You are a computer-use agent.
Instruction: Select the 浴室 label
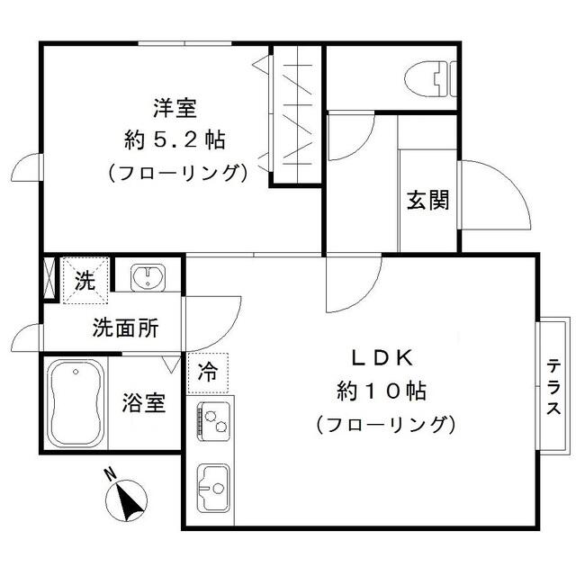tap(144, 402)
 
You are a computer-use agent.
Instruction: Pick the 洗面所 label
tap(126, 328)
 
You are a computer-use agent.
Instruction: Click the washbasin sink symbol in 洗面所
tap(146, 279)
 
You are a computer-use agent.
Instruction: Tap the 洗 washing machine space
tap(85, 280)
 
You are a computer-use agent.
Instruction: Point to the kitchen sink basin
tap(214, 487)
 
